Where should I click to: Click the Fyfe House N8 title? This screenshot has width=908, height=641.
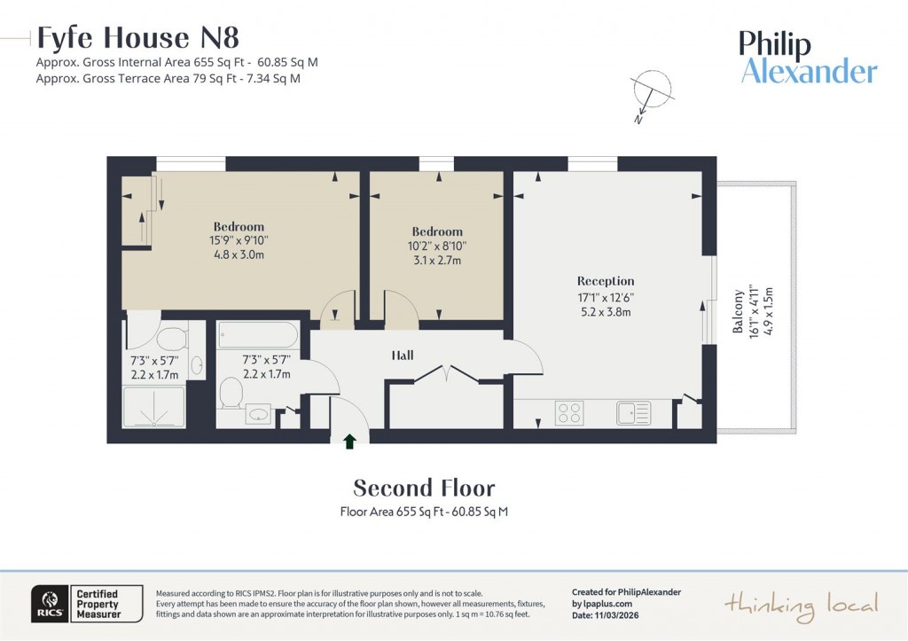137,38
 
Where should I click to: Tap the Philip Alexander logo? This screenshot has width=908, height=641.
808,58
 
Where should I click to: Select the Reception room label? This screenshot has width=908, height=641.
606,281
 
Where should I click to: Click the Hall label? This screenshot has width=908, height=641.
403,356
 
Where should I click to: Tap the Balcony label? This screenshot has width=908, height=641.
737,312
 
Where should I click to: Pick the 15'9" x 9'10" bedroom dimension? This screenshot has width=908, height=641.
239,240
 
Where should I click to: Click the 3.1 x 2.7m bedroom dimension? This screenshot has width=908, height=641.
437,260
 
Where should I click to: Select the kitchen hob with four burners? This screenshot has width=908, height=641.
568,412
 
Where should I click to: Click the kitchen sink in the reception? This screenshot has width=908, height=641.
633,412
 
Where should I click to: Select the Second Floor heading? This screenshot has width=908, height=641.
424,488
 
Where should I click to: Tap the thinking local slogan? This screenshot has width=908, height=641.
801,605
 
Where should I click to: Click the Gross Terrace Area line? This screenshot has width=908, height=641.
168,78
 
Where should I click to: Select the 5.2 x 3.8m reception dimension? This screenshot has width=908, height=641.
606,312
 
